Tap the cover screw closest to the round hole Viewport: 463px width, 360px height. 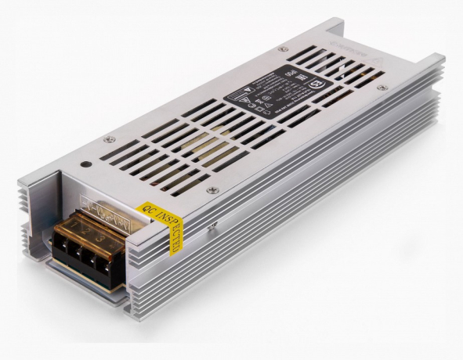point(107,139)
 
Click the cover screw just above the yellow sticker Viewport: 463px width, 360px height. point(210,190)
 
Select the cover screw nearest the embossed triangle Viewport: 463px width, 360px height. point(381,88)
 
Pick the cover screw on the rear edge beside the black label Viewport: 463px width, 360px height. point(281,49)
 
